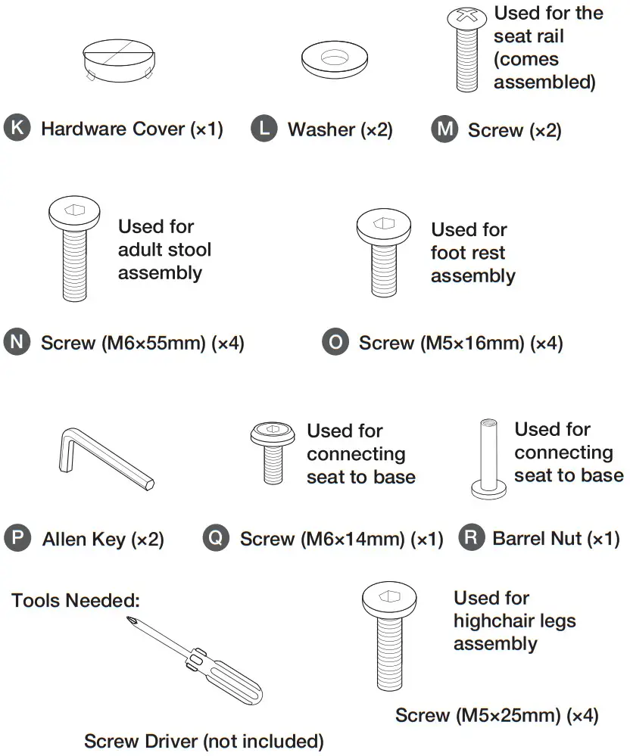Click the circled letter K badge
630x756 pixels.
pos(17,128)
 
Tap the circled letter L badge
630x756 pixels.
pos(264,128)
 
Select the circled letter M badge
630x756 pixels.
pos(444,129)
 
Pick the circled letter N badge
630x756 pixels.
pos(17,342)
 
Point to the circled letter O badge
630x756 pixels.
pos(335,342)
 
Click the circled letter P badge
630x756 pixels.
pos(17,537)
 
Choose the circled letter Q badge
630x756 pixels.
pos(216,537)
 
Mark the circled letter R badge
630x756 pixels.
pos(471,537)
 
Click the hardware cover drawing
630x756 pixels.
pos(119,61)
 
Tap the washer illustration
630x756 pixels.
pos(334,59)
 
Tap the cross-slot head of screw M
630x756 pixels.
pos(466,18)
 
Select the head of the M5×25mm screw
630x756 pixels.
pos(389,600)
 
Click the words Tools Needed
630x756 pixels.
pos(76,601)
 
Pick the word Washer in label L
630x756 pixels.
pos(322,129)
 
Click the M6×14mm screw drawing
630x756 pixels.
pos(273,453)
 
